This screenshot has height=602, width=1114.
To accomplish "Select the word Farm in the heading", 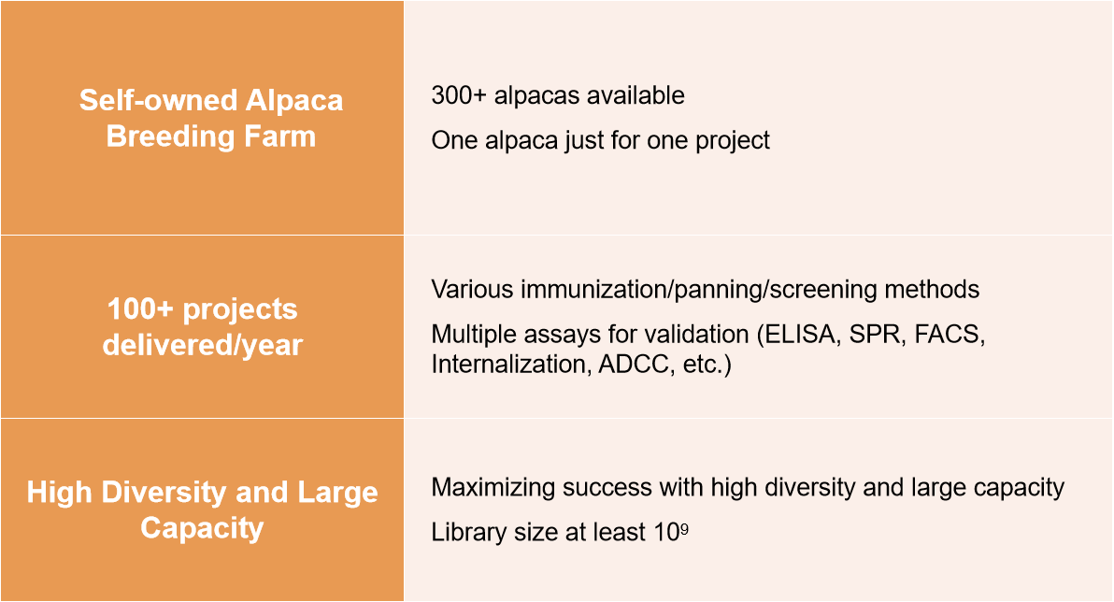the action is pos(280,136).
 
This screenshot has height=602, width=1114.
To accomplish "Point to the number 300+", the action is pos(458,95).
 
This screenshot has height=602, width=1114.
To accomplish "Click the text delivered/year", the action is pos(203,346).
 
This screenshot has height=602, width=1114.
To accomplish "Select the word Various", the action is pos(472,289).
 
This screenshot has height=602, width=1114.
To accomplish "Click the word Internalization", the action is pos(510,364).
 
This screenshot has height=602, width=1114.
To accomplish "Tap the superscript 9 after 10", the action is pos(684,528).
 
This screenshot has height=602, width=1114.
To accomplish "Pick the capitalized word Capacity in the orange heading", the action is pos(202,529).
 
